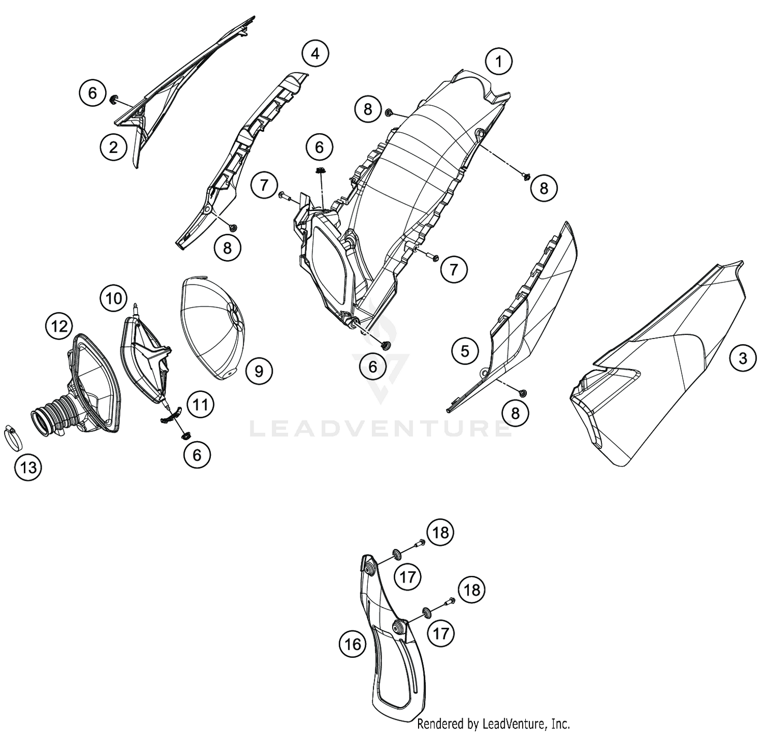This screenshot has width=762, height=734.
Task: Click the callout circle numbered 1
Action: click(x=499, y=62)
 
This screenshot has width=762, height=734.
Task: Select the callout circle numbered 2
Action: click(x=113, y=147)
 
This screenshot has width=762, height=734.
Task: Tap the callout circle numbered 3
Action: click(x=743, y=358)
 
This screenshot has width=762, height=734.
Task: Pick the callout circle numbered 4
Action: click(x=315, y=53)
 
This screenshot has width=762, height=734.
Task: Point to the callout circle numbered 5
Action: click(x=465, y=351)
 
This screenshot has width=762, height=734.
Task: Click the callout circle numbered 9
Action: click(x=259, y=371)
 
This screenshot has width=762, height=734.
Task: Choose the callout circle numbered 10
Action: click(x=114, y=298)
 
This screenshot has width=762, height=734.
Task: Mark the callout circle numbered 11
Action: click(x=201, y=405)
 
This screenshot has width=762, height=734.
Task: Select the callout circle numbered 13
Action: click(x=28, y=467)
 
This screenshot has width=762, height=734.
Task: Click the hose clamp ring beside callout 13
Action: click(x=14, y=437)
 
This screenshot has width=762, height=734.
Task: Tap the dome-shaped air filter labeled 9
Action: click(x=212, y=328)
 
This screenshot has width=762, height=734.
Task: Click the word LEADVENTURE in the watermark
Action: click(x=380, y=428)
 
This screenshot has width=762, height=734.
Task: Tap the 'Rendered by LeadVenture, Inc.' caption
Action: click(x=493, y=724)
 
